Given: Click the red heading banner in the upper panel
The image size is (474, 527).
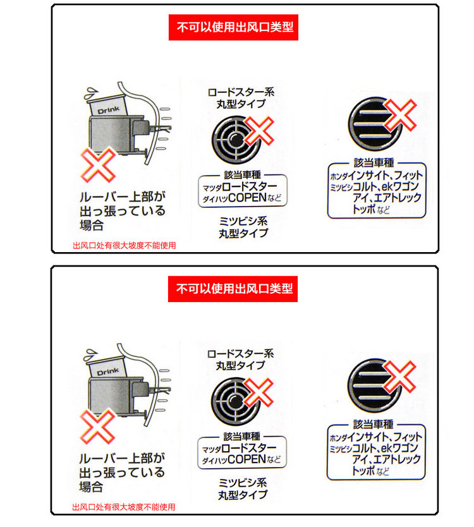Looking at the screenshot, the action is tap(233, 28).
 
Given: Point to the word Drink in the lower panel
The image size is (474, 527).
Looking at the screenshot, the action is tap(109, 372).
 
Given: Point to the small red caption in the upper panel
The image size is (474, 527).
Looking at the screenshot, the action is tap(125, 245).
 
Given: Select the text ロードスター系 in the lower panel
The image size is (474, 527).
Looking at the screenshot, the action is tap(241, 353).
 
